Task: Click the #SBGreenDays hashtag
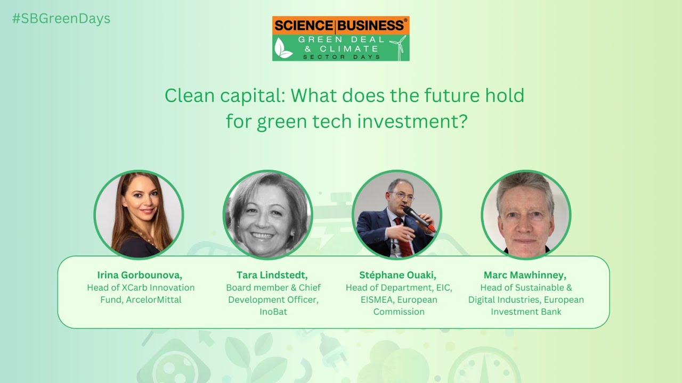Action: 61,19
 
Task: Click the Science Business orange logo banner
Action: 340,25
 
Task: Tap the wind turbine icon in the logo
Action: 397,47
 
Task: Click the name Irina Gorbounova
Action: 140,275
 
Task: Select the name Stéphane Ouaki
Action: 398,275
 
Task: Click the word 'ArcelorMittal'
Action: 153,300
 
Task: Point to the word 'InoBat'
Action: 273,312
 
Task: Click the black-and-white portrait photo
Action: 268,215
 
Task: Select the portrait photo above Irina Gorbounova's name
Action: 139,215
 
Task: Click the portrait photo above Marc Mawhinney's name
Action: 526,215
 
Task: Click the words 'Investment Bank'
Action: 526,312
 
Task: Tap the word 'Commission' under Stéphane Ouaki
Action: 399,312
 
